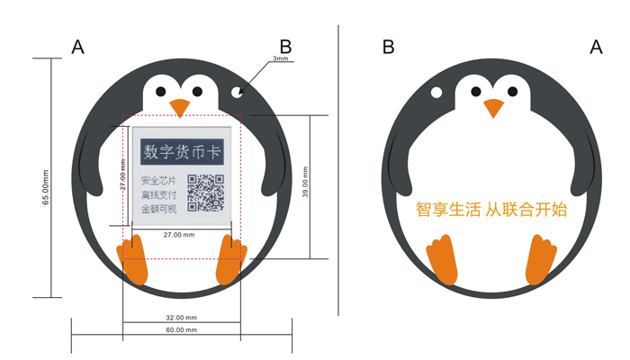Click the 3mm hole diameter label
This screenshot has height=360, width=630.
coord(280,59)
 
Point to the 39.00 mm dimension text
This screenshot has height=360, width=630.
coord(305,185)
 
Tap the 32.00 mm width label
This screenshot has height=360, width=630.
coord(181,319)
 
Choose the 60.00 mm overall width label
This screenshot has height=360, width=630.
coord(181,330)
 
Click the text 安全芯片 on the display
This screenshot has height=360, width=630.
coord(158,181)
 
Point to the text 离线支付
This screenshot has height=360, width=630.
coord(158,194)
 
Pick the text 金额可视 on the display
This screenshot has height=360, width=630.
coord(158,209)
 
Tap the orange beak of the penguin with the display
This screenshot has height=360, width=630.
coord(181,108)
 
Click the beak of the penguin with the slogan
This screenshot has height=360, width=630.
coord(492,108)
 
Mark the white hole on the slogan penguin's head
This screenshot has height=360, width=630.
coord(436,93)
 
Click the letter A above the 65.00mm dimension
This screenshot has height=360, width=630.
coord(78,48)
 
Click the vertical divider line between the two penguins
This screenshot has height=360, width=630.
coord(339,171)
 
